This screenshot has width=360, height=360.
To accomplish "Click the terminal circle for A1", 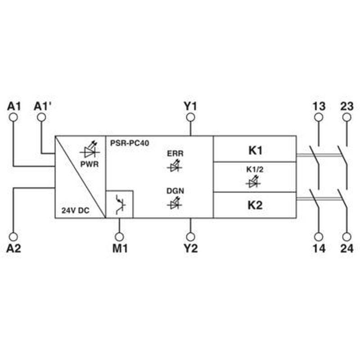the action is [13, 117].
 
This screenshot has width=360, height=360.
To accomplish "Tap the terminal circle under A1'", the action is [41, 117].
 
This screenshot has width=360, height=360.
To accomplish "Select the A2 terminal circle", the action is [13, 237].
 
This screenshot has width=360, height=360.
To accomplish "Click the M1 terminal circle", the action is [119, 237].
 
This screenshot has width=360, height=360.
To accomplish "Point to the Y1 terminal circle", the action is [190, 117].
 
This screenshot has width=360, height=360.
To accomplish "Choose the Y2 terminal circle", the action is [190, 237].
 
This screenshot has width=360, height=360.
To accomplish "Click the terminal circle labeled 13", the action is [319, 117].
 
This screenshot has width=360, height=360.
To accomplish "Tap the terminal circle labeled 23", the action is [346, 117].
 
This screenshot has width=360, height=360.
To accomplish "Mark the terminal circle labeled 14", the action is [319, 237].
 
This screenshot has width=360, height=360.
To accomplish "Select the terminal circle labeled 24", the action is [346, 237].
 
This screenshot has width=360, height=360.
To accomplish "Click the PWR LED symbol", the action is [90, 150].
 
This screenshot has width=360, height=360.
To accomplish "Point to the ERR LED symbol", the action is [175, 166].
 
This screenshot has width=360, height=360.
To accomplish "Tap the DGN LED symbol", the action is [175, 203].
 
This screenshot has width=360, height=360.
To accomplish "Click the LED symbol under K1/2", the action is [254, 181].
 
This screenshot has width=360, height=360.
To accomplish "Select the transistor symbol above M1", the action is [120, 204].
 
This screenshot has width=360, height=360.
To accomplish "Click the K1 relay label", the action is [255, 151].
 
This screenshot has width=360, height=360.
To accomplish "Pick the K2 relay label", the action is [255, 205].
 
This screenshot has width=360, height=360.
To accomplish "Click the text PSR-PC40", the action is [130, 143].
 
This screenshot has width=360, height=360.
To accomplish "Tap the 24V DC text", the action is [75, 210].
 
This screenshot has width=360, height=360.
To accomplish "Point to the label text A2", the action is [13, 248].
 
